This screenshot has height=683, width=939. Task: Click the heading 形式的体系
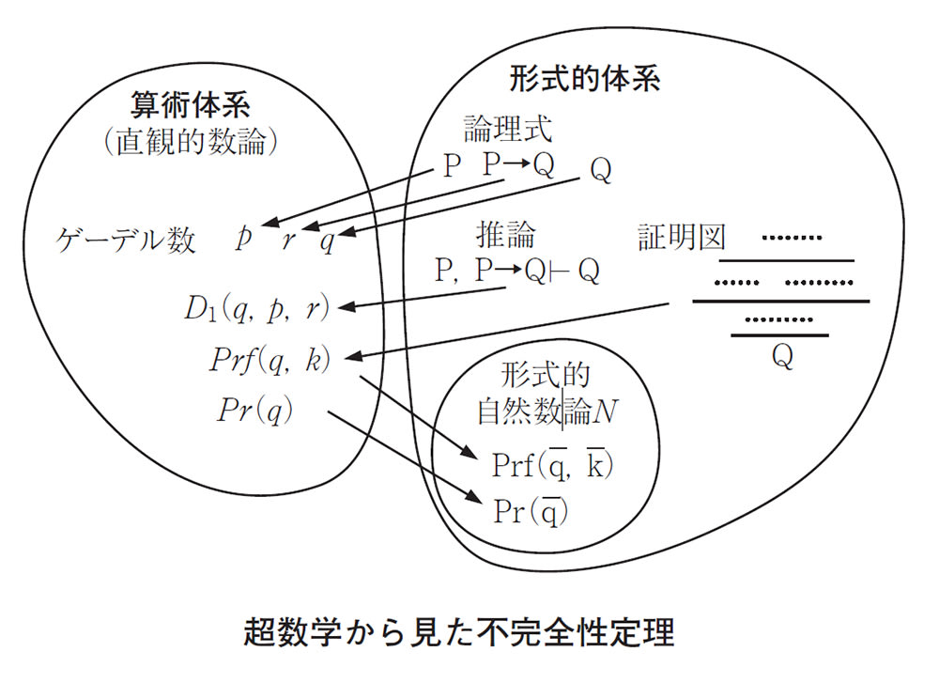point(586,78)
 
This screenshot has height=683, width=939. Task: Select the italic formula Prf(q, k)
point(272,360)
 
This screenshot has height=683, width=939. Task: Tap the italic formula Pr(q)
point(254,411)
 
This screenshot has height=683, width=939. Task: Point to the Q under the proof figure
point(780,357)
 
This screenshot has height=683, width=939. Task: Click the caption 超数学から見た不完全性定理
point(459,632)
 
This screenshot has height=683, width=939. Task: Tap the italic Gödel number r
point(289,241)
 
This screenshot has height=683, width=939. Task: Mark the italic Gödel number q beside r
point(327,241)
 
